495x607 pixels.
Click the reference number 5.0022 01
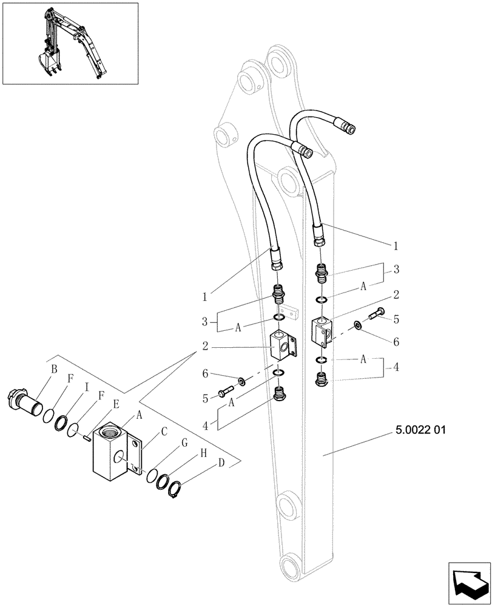point(420,430)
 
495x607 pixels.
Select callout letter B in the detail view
point(54,368)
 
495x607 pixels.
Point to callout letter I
point(87,385)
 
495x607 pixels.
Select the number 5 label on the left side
point(206,399)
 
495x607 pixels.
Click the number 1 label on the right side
point(396,246)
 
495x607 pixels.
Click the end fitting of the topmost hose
point(348,127)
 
